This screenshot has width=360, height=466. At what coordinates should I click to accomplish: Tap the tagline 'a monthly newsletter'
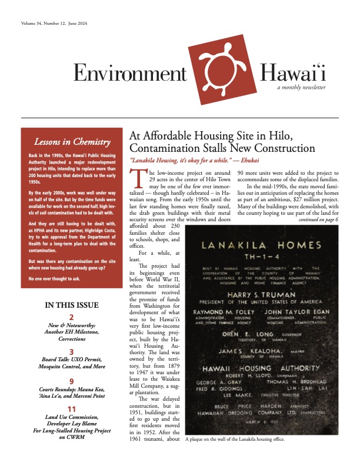click(x=302, y=87)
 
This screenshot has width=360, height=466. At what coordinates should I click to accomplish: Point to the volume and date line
click(x=46, y=24)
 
